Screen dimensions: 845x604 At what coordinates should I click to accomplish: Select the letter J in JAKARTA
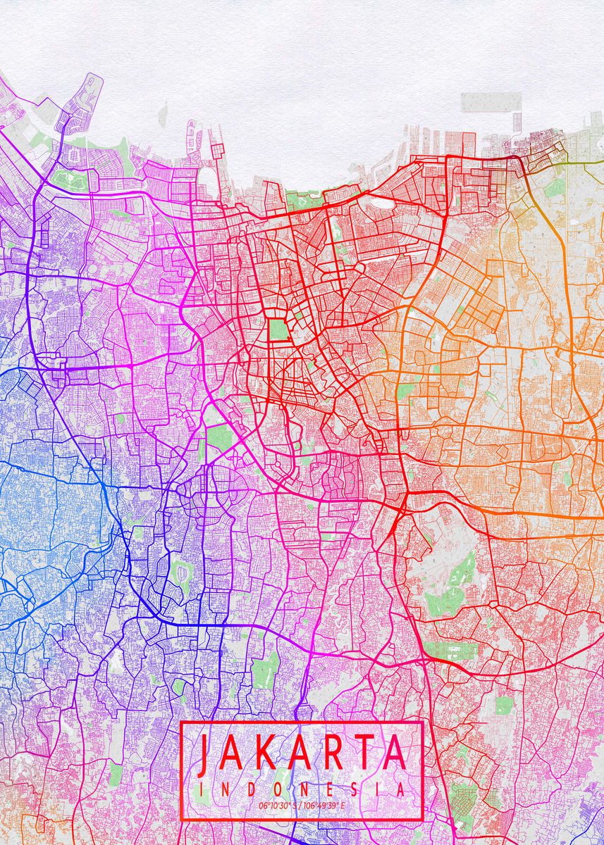coord(204,753)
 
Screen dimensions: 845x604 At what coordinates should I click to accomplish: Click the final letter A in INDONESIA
coord(400,790)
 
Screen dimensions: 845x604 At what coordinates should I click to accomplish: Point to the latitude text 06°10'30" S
coord(278,805)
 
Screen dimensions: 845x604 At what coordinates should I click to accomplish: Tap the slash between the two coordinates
coord(300,805)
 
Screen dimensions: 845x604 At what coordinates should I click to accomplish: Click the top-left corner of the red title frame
coord(182,722)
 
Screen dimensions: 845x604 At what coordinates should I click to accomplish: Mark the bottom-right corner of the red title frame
coord(422,820)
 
